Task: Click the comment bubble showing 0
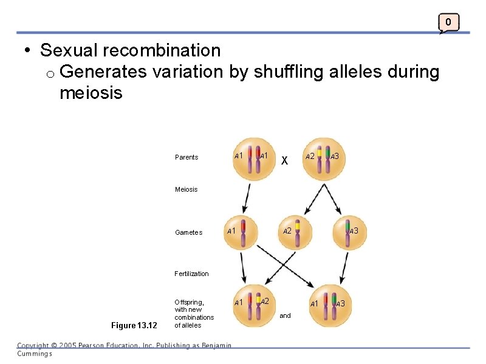[x=448, y=23]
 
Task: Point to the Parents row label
[x=187, y=157]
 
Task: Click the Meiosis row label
[x=186, y=189]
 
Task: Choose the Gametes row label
[x=188, y=232]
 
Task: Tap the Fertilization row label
[x=191, y=274]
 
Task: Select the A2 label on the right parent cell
[x=310, y=157]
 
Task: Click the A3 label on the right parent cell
[x=334, y=157]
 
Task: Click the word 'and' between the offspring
[x=285, y=315]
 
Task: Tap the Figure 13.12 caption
[x=134, y=326]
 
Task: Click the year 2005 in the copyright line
[x=69, y=346]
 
